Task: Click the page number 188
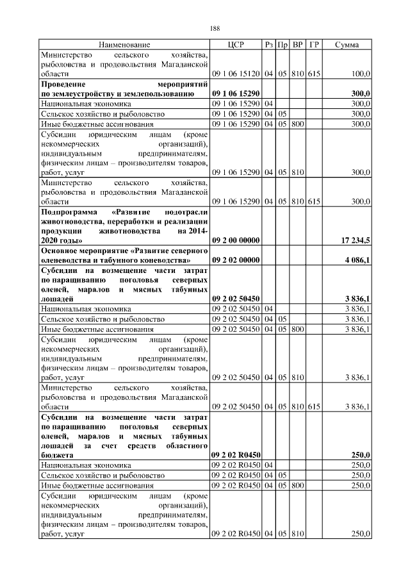coord(215,28)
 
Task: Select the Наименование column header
coord(125,45)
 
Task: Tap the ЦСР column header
coord(236,45)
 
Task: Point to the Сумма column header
coord(347,45)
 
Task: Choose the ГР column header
coord(314,45)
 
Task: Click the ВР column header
coord(298,45)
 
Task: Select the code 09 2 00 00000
coord(235,240)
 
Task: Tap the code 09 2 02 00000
coord(235,261)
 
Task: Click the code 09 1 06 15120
coord(236,74)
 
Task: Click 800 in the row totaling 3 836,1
coord(297,329)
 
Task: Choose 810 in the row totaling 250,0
coord(297,534)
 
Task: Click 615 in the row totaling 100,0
coord(314,74)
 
